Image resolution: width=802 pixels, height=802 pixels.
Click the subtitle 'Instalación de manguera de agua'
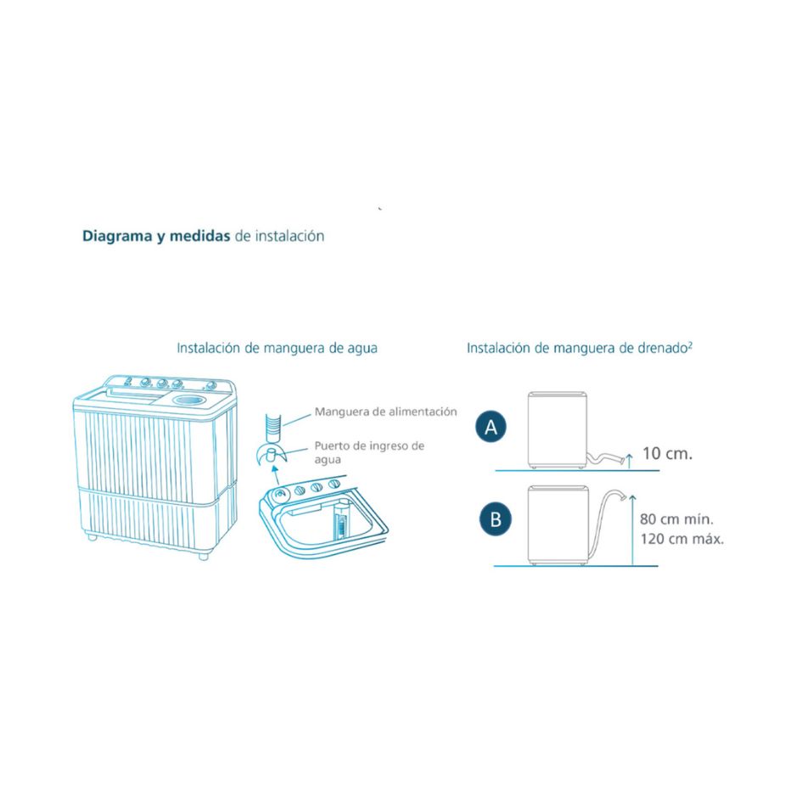pos(277,348)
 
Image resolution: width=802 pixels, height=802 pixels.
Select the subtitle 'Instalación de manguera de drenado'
pos(579,348)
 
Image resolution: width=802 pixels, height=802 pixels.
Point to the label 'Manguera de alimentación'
pos(385,412)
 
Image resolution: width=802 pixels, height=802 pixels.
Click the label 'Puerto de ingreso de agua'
pos(368,452)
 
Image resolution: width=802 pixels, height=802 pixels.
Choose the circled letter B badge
pos(495,519)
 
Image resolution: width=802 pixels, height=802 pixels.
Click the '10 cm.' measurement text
pos(667,453)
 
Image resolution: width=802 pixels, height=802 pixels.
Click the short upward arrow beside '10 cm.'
pos(627,459)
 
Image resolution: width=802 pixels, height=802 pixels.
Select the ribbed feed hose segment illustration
pos(273,421)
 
